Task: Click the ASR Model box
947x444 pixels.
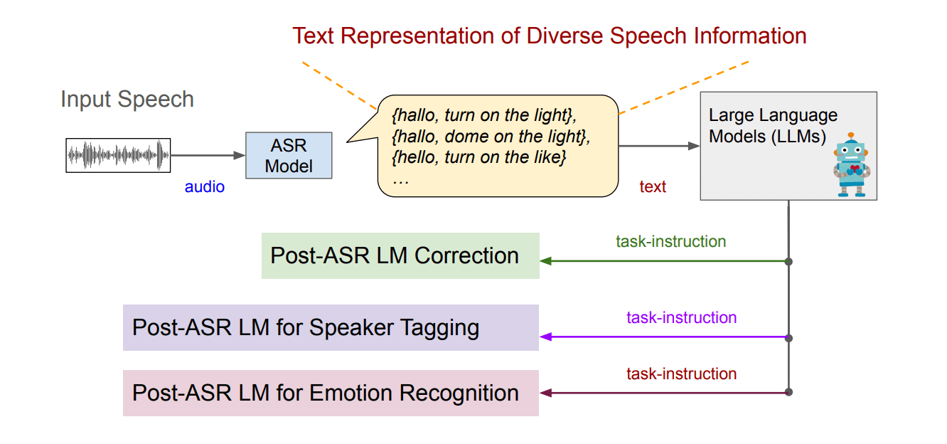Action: pos(288,156)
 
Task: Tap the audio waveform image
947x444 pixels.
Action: pos(119,154)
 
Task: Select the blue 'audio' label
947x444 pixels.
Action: pos(205,187)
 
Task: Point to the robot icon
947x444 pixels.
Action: pos(851,164)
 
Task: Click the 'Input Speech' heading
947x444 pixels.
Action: pos(127,99)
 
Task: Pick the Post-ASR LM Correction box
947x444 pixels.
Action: pos(400,255)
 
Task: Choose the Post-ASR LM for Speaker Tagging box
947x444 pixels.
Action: pos(331,327)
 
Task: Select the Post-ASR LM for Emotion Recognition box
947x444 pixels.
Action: pos(331,393)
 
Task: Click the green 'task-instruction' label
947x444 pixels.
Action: pos(670,241)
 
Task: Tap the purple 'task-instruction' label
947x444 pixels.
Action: pos(681,317)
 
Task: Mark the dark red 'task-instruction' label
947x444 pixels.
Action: pos(681,374)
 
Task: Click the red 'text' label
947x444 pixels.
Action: pos(653,187)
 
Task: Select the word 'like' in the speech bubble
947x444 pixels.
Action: pos(549,157)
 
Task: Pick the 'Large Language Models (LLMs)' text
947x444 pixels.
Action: pos(773,125)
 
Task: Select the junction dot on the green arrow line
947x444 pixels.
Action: pos(788,261)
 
